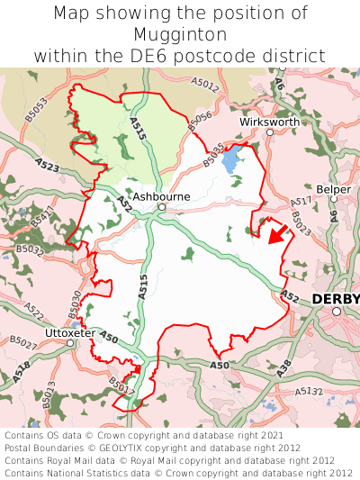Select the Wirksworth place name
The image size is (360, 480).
coord(269,121)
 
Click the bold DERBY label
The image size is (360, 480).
coord(335,299)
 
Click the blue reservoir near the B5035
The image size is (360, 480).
coord(229,160)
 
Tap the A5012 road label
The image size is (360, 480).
coord(204,86)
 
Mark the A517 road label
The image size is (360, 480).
coord(302,203)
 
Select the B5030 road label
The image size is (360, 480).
coord(76,302)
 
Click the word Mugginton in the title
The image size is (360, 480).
coord(180,34)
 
